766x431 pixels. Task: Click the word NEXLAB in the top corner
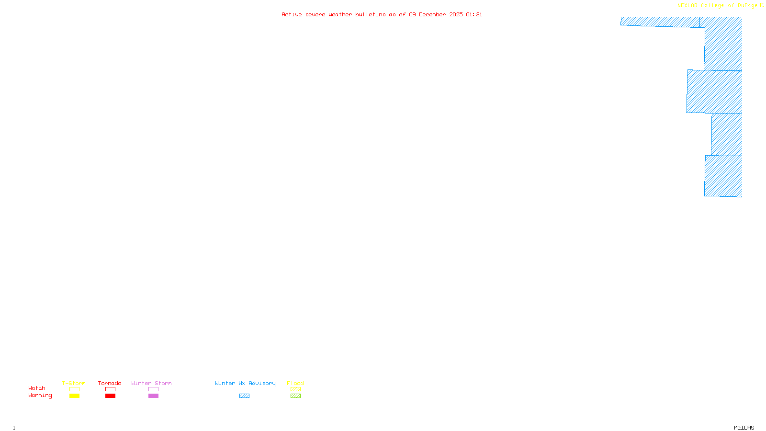688,6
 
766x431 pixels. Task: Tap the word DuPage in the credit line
747,6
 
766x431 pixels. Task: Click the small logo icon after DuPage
762,5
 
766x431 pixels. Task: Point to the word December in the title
432,14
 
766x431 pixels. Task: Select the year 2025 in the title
456,14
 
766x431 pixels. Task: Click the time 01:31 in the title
474,14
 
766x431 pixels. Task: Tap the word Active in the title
292,14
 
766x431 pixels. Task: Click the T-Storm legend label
74,383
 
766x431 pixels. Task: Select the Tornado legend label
110,383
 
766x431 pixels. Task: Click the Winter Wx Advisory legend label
245,383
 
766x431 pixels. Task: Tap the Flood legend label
295,383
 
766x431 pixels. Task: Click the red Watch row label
37,388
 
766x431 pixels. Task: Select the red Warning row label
40,396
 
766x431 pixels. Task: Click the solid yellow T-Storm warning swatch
74,396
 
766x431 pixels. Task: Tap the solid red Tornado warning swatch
110,396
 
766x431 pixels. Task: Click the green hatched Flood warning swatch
295,396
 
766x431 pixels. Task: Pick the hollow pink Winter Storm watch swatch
153,389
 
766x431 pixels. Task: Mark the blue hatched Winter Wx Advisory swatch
244,396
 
